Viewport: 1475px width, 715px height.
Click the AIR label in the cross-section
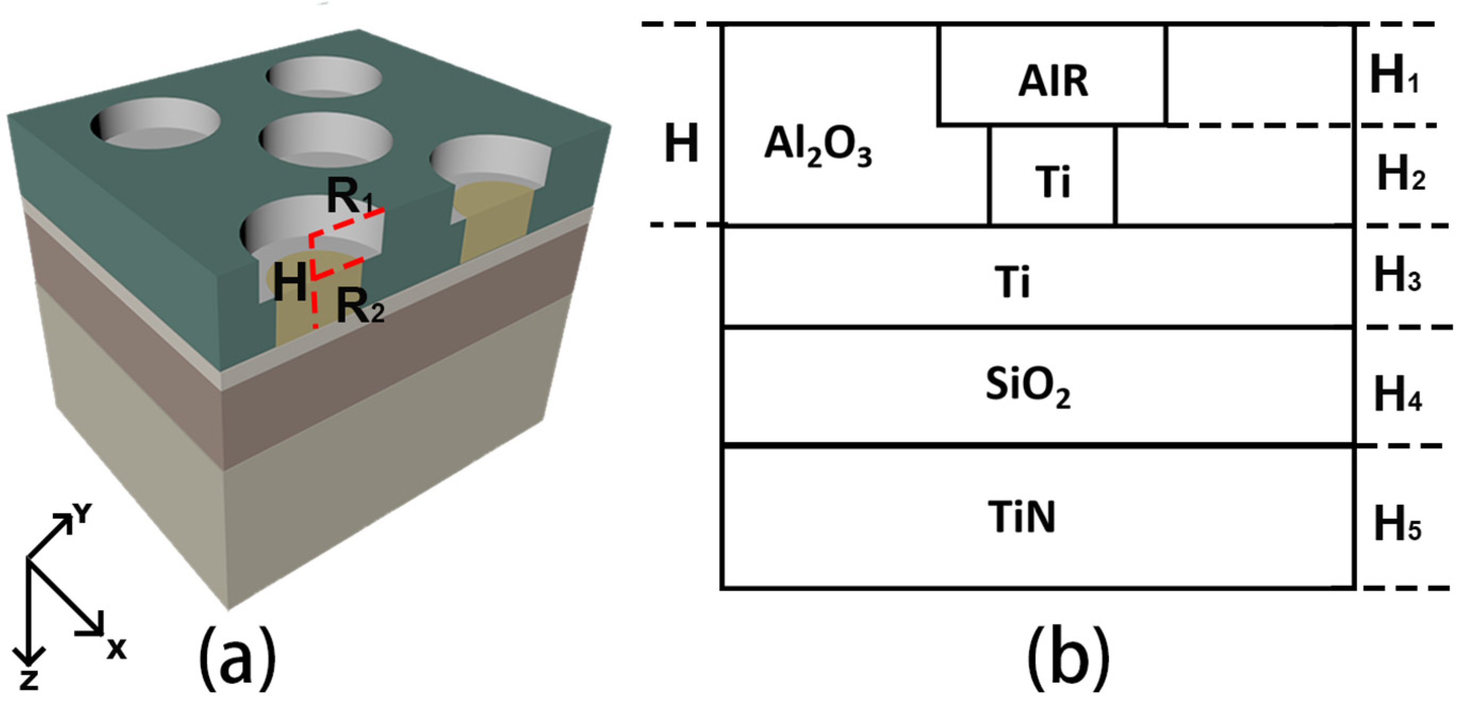point(1052,82)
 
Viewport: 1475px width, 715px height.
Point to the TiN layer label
point(1021,517)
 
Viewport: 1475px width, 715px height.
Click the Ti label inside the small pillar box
point(1052,182)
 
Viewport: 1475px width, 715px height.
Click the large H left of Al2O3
point(681,143)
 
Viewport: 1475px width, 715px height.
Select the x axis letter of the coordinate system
point(116,650)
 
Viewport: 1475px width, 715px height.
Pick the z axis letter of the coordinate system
point(29,680)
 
